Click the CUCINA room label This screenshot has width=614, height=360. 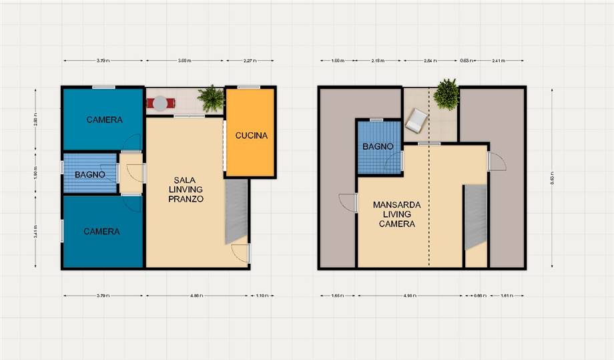tap(251, 136)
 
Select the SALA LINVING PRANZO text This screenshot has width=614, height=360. tap(186, 190)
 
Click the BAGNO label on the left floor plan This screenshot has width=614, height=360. tap(89, 174)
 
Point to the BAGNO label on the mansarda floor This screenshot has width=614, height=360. tap(378, 147)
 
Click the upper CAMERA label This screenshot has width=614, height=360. tap(104, 120)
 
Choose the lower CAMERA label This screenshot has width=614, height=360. tap(101, 232)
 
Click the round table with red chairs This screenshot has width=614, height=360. tap(160, 103)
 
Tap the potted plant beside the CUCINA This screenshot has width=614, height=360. tap(212, 99)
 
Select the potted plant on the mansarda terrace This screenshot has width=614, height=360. tap(446, 94)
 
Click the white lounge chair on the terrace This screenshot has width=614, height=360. tap(416, 121)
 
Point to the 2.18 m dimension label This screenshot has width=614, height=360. tap(377, 61)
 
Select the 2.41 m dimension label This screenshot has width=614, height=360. tap(498, 61)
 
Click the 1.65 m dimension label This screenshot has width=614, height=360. tap(337, 295)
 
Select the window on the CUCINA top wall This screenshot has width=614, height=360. tap(248, 86)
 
